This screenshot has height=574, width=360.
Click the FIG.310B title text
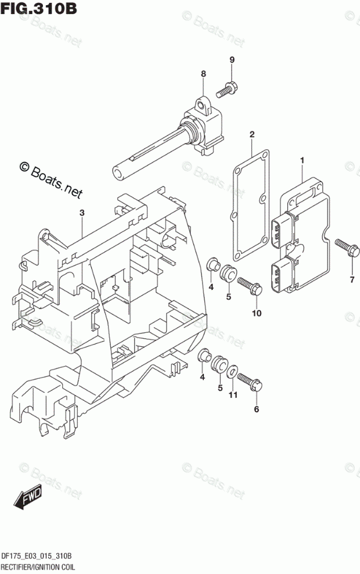(39, 9)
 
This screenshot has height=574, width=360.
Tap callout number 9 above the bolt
(231, 60)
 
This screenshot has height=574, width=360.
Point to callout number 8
(203, 74)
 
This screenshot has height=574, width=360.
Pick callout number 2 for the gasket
(252, 135)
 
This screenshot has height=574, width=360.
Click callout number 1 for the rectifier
(302, 159)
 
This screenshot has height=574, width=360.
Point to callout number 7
(351, 281)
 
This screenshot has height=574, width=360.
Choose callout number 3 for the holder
(82, 213)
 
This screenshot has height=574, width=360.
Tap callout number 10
(257, 313)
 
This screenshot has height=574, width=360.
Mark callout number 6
(257, 409)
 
